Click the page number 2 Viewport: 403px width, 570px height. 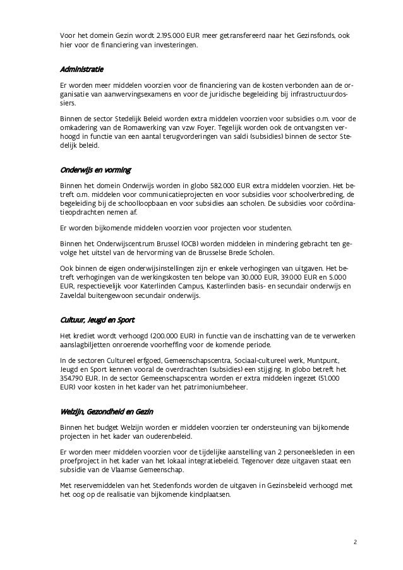[355, 542]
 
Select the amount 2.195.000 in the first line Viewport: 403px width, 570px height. [173, 36]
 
